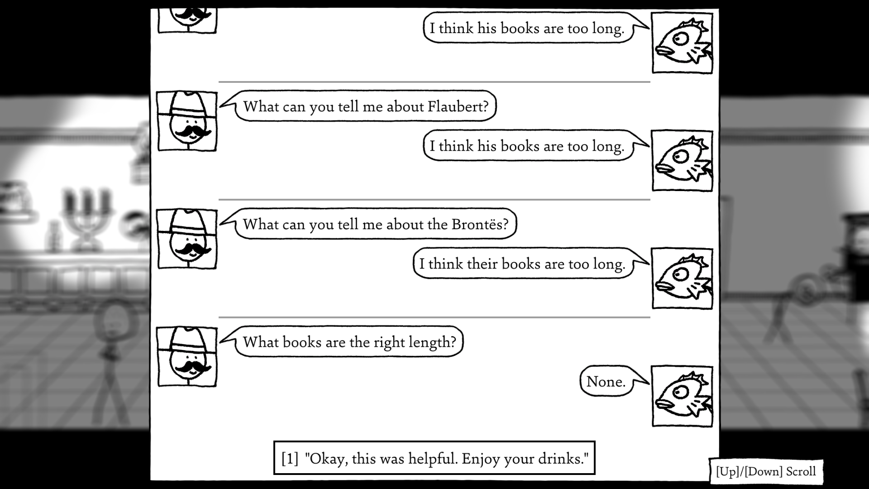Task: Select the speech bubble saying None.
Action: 606,382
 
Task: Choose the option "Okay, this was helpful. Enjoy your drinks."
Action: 434,458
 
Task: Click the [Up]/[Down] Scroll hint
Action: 766,471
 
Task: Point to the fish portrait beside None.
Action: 682,396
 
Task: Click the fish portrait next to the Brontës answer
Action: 682,278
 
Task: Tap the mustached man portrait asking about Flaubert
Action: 187,121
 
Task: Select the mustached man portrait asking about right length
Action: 187,356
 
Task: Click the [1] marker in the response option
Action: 290,459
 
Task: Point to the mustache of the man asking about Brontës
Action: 192,250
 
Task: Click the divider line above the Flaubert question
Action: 434,82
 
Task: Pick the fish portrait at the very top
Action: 682,43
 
